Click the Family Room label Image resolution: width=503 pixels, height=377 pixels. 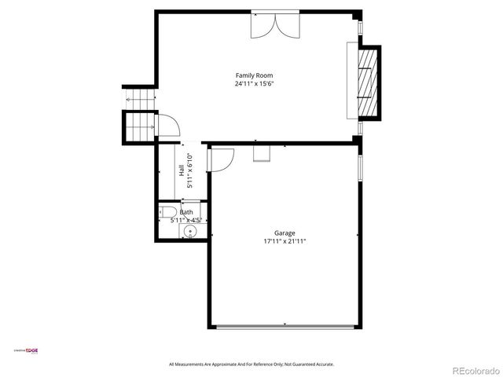click(x=253, y=75)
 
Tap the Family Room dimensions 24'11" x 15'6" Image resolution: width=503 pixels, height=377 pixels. click(x=253, y=83)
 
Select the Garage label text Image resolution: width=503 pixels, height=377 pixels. click(x=285, y=233)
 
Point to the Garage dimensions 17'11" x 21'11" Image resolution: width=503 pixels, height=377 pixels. click(x=285, y=242)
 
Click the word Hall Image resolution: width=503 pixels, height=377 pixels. click(x=182, y=169)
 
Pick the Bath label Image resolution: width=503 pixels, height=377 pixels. click(x=186, y=212)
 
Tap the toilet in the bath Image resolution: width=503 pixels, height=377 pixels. click(x=167, y=212)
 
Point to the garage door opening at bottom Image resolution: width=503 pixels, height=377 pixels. click(x=285, y=325)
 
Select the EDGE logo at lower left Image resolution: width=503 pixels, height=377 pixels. click(x=27, y=350)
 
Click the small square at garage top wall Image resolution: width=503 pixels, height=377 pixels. click(x=261, y=152)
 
